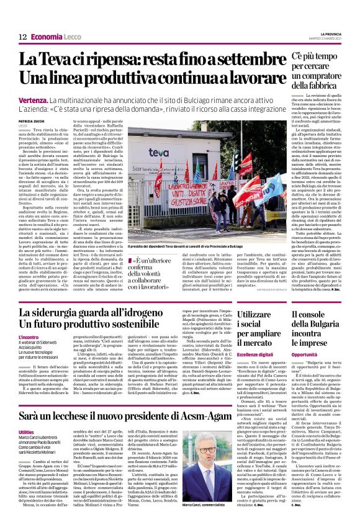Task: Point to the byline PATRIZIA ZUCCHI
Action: point(30,121)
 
